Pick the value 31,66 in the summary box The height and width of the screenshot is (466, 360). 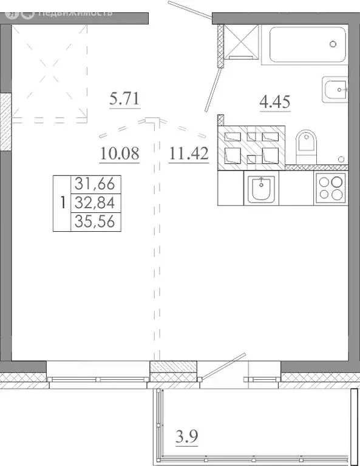pyautogui.click(x=96, y=183)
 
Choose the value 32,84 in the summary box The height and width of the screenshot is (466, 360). pyautogui.click(x=96, y=202)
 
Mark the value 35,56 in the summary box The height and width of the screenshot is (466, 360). pyautogui.click(x=96, y=222)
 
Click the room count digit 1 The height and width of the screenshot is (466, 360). pyautogui.click(x=62, y=203)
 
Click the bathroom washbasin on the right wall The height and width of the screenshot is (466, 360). pyautogui.click(x=335, y=91)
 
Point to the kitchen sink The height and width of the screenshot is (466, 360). pyautogui.click(x=262, y=188)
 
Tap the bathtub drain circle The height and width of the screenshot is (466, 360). pyautogui.click(x=333, y=43)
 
